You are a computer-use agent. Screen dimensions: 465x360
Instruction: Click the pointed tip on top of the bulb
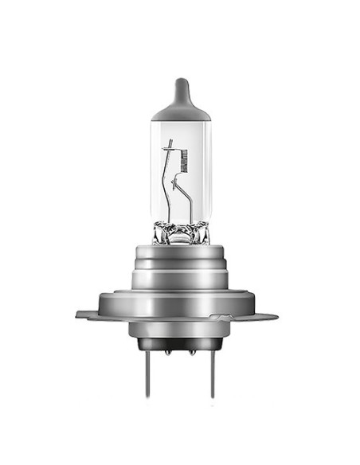pyautogui.click(x=181, y=80)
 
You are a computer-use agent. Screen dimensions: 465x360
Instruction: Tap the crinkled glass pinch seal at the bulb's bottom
pyautogui.click(x=181, y=233)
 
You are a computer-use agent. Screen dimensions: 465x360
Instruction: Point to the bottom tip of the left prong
pyautogui.click(x=148, y=396)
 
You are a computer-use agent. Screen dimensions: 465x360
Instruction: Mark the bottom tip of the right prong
pyautogui.click(x=211, y=396)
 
